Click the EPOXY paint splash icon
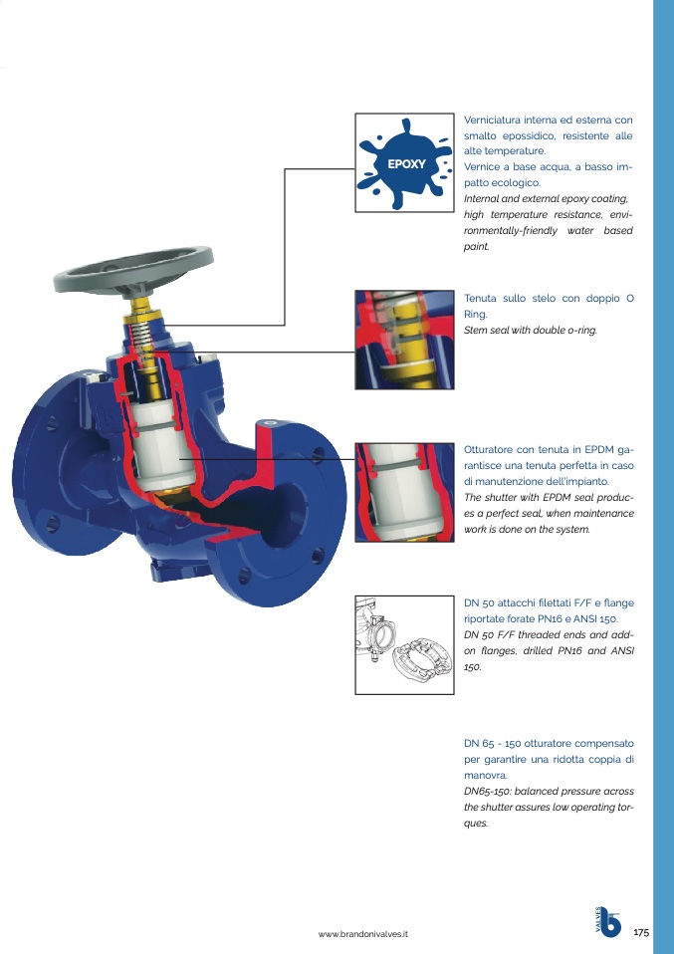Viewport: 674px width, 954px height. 404,163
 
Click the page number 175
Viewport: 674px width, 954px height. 641,932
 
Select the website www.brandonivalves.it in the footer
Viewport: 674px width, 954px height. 363,934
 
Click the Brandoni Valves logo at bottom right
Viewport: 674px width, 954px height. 607,922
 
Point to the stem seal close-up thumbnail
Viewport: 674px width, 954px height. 404,340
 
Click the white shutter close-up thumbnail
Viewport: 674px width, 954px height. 404,492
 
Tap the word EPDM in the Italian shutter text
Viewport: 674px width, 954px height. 599,450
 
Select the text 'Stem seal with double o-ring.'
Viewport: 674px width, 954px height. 531,330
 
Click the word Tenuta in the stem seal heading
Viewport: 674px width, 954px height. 481,298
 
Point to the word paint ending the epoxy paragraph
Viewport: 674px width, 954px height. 476,246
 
